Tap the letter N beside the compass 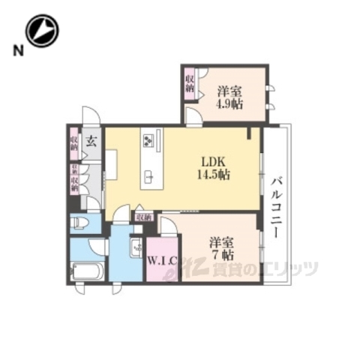(16, 50)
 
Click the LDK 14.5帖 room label (214, 167)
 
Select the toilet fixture (80, 223)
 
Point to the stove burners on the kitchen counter (148, 140)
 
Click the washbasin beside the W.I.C (136, 247)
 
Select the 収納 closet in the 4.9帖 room (190, 82)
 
